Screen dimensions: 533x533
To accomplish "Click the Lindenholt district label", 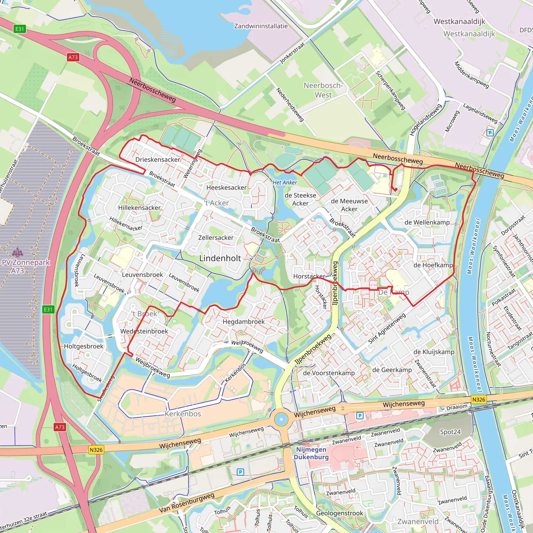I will (x=220, y=258).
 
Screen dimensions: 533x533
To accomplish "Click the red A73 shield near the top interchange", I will (x=73, y=57).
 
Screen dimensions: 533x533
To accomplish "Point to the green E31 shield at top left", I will (x=20, y=29).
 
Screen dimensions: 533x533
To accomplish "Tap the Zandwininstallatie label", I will (x=261, y=26).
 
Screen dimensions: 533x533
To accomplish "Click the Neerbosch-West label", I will (x=323, y=90).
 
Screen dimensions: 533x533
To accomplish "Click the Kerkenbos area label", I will (x=183, y=414).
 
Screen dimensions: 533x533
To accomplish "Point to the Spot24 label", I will (x=450, y=432).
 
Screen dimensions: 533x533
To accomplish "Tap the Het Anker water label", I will (x=285, y=182).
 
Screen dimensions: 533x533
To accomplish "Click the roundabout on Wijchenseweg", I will (x=281, y=419).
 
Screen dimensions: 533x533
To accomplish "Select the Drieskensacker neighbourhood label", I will (x=157, y=160).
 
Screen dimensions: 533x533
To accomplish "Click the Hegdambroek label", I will (x=243, y=321).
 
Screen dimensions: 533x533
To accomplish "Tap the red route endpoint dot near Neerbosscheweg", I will (x=395, y=189).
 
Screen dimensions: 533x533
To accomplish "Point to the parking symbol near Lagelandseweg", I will (x=490, y=133).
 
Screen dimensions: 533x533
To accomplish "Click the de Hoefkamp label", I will (x=433, y=265).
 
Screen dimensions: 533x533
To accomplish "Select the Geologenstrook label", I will (x=339, y=513).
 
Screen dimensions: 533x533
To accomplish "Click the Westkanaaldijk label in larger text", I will (x=459, y=21).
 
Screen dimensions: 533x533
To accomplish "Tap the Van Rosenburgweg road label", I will (x=187, y=503).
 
